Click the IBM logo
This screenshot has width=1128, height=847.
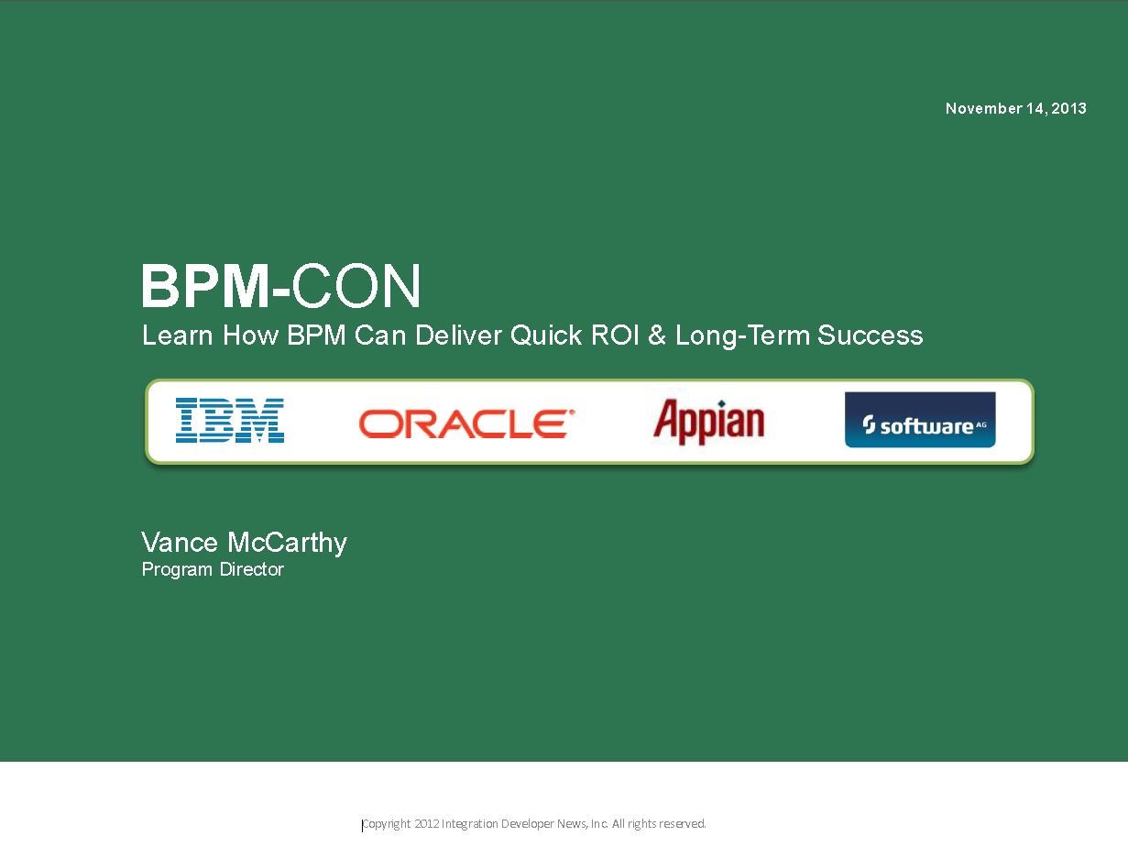tap(230, 420)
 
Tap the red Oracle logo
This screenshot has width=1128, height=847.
tap(466, 423)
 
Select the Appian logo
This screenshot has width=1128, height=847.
tap(709, 422)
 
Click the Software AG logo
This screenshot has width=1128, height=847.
tap(920, 420)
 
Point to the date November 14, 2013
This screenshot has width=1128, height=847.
tap(1016, 108)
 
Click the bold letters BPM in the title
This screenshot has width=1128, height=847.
tap(205, 286)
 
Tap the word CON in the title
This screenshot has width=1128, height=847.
tap(356, 286)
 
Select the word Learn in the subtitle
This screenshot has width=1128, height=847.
tap(177, 335)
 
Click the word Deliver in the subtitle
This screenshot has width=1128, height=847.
tap(458, 335)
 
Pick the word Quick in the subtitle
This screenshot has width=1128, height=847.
tap(546, 335)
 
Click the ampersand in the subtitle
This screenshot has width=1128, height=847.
tap(657, 335)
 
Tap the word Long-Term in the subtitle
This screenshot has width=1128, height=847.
tap(741, 336)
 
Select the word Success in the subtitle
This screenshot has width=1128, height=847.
tap(870, 335)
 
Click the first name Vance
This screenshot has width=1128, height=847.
tap(180, 543)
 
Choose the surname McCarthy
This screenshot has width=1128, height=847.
tap(287, 544)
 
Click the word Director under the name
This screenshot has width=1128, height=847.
tap(252, 569)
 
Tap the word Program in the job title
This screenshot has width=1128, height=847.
tap(177, 570)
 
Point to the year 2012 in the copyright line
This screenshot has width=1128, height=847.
tap(426, 823)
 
